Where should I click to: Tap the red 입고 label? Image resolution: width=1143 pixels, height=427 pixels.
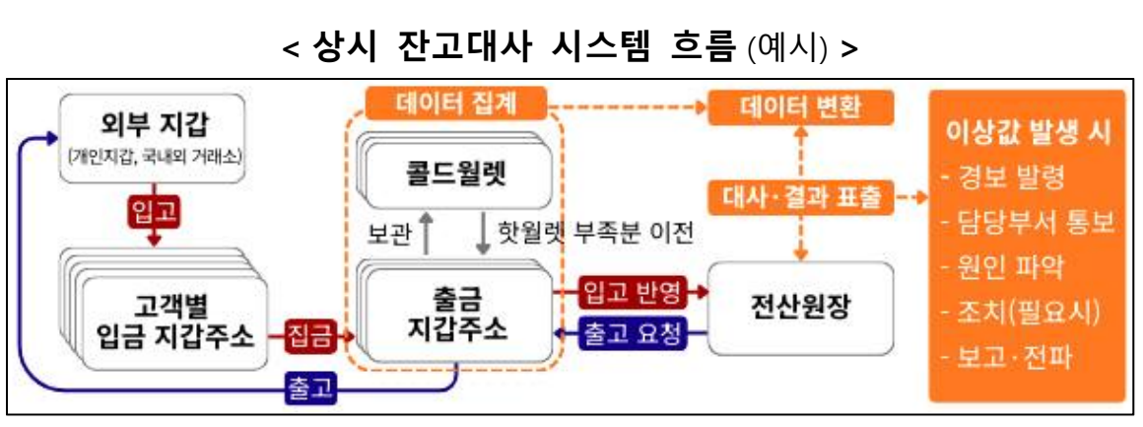click(x=154, y=211)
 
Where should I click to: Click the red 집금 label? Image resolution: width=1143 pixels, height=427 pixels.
click(x=309, y=337)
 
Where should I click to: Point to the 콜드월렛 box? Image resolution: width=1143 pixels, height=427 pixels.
click(x=455, y=173)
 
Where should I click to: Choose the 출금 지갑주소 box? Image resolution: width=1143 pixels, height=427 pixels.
click(x=455, y=314)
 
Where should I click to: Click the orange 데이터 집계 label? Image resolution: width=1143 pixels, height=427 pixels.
click(x=456, y=104)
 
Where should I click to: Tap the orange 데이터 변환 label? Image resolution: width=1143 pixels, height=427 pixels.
click(x=801, y=107)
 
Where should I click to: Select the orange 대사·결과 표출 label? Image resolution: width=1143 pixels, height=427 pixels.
click(x=801, y=197)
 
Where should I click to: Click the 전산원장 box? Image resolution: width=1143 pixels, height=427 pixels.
click(x=800, y=309)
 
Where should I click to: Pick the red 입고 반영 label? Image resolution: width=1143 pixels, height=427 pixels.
click(x=632, y=292)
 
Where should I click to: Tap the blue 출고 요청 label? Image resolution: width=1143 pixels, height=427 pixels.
click(x=632, y=334)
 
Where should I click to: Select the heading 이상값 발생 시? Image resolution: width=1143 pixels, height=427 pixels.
click(x=1028, y=133)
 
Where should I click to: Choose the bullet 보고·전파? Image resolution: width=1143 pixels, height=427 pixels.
click(x=1013, y=358)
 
